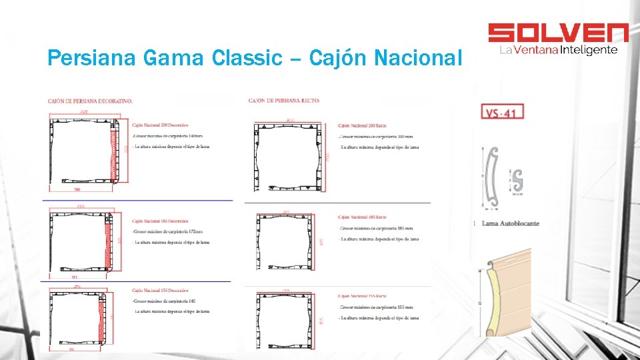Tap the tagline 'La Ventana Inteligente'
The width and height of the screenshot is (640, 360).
click(x=557, y=50)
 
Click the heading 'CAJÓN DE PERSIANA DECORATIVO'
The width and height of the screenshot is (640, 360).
click(x=90, y=101)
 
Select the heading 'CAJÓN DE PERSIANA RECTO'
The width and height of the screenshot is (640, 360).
click(x=284, y=101)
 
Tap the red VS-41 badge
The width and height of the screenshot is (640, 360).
click(x=499, y=112)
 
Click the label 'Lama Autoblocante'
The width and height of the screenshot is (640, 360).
click(x=510, y=223)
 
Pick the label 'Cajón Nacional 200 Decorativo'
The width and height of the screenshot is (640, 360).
click(x=160, y=125)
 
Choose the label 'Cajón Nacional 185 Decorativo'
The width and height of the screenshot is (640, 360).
click(x=160, y=221)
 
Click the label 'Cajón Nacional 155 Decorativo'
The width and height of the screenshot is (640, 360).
click(x=160, y=291)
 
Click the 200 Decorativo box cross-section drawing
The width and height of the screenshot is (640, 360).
click(x=84, y=151)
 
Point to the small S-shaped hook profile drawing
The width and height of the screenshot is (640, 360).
click(x=516, y=180)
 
